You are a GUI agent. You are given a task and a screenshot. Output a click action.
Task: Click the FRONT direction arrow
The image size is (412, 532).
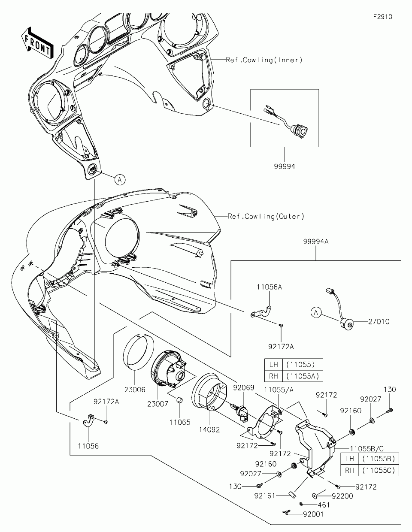point(37,43)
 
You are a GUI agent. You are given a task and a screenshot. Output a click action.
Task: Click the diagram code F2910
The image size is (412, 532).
point(383,17)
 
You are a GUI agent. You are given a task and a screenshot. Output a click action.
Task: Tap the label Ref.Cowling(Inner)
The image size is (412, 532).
point(264,60)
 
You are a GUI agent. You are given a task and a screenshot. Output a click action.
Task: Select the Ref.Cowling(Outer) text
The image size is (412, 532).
point(266,216)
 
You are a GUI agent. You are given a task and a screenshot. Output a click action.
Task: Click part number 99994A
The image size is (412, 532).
point(316,242)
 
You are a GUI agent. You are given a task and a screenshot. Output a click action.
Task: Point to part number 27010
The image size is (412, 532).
point(379,321)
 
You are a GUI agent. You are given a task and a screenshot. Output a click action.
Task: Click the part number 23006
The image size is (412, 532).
point(135,389)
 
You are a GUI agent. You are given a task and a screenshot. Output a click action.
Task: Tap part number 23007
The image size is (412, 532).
point(158,404)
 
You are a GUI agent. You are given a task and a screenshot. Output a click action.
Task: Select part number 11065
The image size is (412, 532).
point(180,422)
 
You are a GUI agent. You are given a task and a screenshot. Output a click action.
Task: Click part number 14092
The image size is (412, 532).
point(209,429)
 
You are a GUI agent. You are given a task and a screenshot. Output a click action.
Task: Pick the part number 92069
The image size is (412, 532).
point(244,387)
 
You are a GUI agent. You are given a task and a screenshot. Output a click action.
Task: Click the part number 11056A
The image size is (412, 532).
point(269,287)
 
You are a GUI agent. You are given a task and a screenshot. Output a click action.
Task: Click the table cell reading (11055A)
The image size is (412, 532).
point(303,376)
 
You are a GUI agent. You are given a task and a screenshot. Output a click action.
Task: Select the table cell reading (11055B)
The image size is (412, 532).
point(379,458)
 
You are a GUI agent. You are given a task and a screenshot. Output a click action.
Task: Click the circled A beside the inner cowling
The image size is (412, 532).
point(120,180)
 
